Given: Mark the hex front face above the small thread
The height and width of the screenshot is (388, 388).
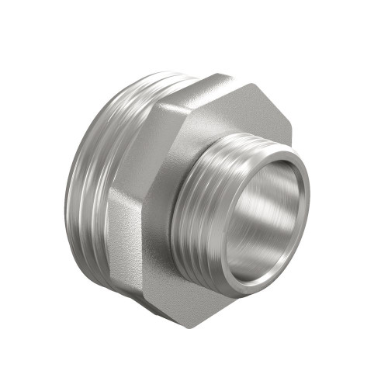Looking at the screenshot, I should [x=233, y=116].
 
